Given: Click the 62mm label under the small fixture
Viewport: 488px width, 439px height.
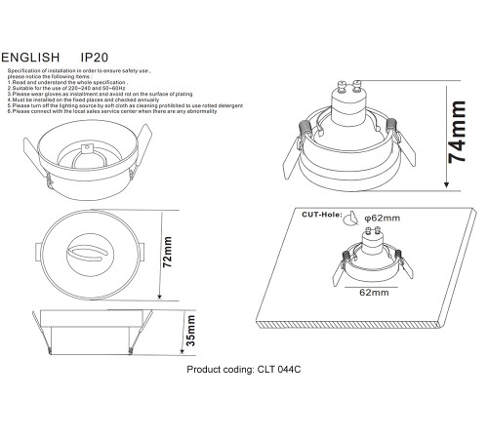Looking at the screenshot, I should click(x=376, y=292).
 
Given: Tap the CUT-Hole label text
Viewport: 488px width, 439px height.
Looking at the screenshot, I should click(x=323, y=214).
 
